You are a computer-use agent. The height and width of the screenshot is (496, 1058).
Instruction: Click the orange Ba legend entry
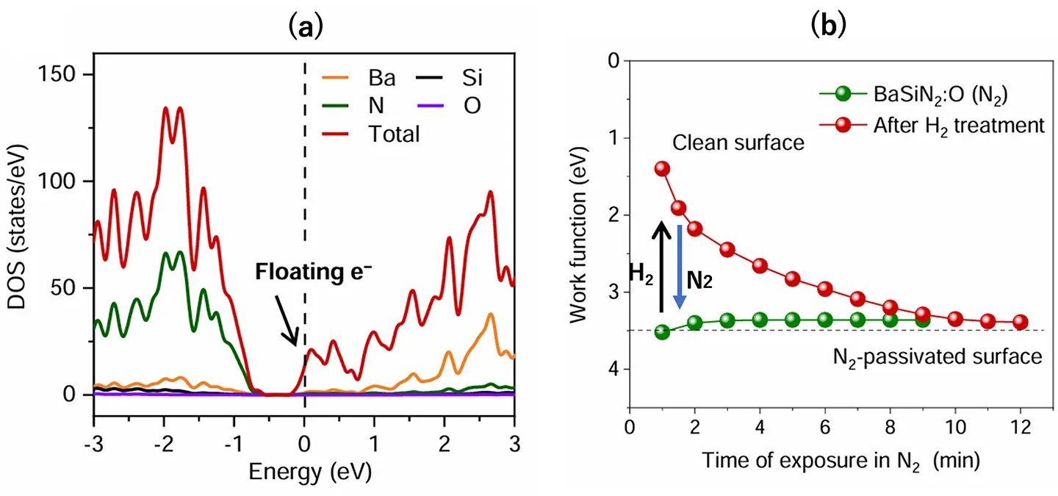pyautogui.click(x=359, y=78)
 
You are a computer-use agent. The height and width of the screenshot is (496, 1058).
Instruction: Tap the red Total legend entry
pyautogui.click(x=371, y=134)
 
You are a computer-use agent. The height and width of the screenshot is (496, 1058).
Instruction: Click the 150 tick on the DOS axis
pyautogui.click(x=56, y=74)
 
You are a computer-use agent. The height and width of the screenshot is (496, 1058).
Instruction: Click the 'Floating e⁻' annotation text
pyautogui.click(x=314, y=271)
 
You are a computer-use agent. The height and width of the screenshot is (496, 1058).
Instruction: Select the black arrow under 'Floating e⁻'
pyautogui.click(x=287, y=320)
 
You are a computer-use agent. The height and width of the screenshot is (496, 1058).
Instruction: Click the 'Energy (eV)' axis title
pyautogui.click(x=310, y=472)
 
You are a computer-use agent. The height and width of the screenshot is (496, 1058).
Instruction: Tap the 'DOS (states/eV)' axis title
pyautogui.click(x=17, y=227)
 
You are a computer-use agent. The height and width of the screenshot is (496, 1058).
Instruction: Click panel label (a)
pyautogui.click(x=306, y=27)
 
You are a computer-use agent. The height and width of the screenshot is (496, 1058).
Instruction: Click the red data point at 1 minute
pyautogui.click(x=662, y=169)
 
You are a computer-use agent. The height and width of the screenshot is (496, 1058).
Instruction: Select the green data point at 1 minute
pyautogui.click(x=662, y=332)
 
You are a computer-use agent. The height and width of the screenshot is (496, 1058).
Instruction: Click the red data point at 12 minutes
pyautogui.click(x=1021, y=322)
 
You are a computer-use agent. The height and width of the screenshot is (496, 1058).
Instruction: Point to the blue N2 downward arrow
pyautogui.click(x=679, y=267)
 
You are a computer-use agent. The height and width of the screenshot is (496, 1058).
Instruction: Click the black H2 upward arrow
pyautogui.click(x=661, y=267)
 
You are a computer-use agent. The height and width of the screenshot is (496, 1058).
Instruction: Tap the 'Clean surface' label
pyautogui.click(x=738, y=143)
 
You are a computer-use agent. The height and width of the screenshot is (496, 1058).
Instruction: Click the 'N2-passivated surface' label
pyautogui.click(x=938, y=357)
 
